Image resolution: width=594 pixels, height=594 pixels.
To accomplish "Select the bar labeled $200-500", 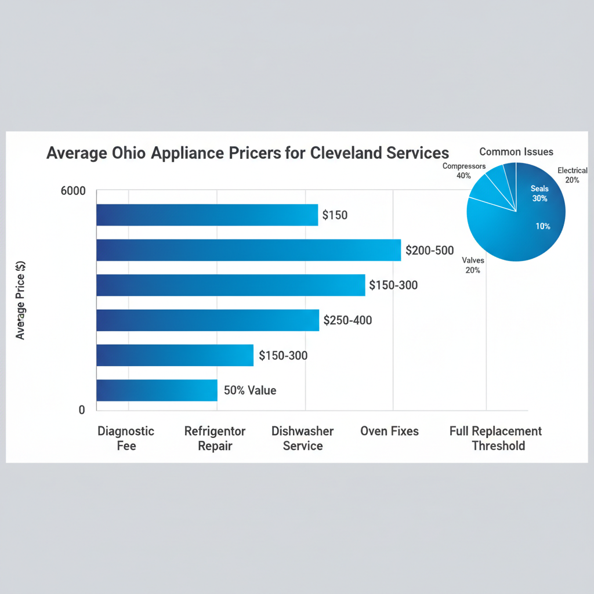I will coord(248,250).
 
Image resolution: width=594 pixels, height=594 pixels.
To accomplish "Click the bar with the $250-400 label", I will coord(207,320).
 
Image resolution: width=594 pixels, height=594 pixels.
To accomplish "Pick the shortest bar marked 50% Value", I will coord(157,390).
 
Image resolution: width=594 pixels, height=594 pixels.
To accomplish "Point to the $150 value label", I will coord(335,216).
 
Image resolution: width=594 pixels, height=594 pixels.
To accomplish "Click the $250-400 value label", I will coord(347,320).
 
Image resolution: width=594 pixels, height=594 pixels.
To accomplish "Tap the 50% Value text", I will coord(250,390).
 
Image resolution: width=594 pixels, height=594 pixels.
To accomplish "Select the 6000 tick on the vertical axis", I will coord(73,192).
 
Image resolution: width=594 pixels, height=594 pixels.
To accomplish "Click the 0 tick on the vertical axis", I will coord(82,410).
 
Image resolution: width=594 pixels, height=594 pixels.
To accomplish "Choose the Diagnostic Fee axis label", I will coord(126,439).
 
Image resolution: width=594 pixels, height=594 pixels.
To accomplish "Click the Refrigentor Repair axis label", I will coord(215,439).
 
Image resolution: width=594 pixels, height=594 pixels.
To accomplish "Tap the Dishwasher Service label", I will coord(302,439).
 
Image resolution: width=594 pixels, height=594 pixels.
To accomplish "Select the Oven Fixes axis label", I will coord(389,432).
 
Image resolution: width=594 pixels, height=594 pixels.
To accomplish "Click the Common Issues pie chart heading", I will coord(516,152).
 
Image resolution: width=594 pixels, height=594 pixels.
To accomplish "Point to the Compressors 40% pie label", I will coord(463,171).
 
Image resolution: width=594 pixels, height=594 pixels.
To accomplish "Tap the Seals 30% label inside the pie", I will coord(539,193).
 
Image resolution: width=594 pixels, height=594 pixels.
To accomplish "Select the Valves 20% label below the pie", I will coord(473,265).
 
